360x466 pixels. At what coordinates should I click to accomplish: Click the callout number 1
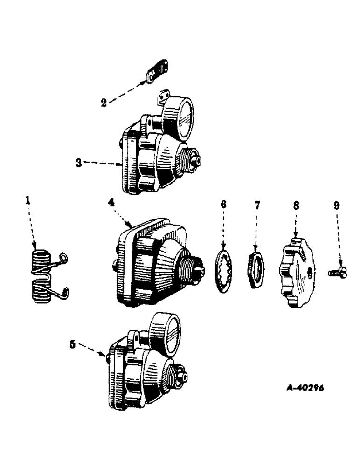(x=28, y=200)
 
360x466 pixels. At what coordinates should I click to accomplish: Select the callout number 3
(x=79, y=163)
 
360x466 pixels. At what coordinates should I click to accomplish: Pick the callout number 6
(x=223, y=204)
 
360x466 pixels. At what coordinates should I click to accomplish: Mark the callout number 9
(x=337, y=204)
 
